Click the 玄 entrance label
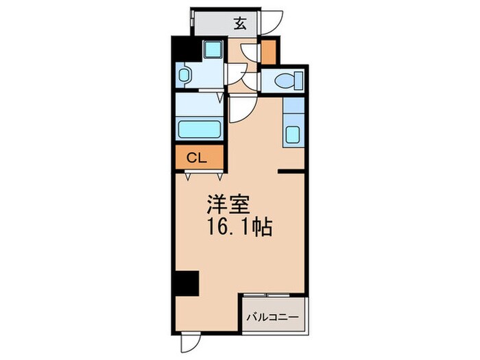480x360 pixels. [x=241, y=23]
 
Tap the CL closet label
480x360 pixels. [x=197, y=158]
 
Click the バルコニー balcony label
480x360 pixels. [x=273, y=317]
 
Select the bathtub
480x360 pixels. [x=199, y=129]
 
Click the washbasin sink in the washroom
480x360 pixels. [x=184, y=74]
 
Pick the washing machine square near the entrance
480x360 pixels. [x=212, y=49]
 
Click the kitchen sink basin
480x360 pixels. [x=292, y=134]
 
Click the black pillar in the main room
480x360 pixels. [x=185, y=283]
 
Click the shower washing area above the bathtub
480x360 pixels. [x=199, y=104]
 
